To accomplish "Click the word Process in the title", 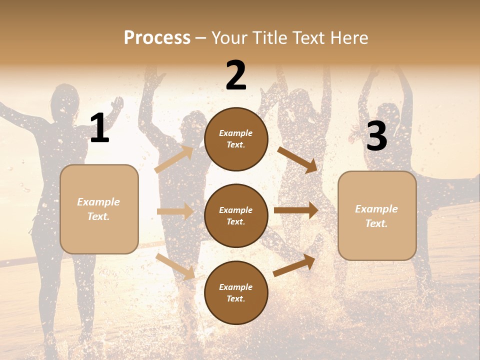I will click(157, 37).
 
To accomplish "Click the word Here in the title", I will click(348, 37).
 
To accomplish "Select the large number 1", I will click(99, 128).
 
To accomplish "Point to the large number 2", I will click(236, 75).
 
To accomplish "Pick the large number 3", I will click(377, 137).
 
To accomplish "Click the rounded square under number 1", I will click(99, 209).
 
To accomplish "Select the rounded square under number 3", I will click(377, 216).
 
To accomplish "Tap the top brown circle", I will click(236, 139).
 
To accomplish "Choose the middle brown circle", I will click(236, 216).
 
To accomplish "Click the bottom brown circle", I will click(236, 293).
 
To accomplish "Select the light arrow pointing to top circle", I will click(174, 159).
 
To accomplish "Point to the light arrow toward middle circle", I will click(175, 211).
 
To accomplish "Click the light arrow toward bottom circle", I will click(175, 266).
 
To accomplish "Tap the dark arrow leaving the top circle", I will click(297, 159).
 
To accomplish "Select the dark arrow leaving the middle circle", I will click(295, 210).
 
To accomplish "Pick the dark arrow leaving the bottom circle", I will click(294, 265).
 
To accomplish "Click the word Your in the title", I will click(227, 37).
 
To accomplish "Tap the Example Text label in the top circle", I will click(236, 139).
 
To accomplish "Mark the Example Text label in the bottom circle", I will click(236, 293).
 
